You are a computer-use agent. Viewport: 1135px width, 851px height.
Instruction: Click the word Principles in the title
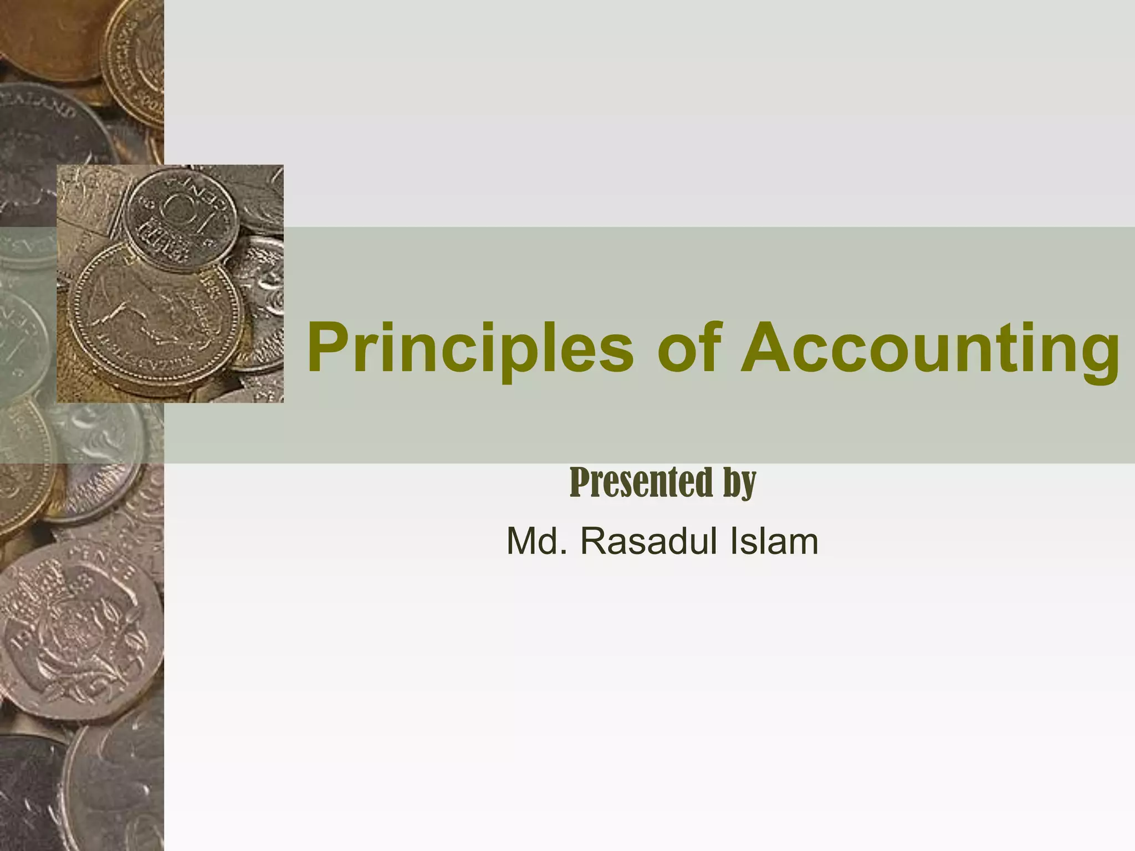(x=470, y=348)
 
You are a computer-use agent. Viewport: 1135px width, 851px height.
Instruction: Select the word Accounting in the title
(x=931, y=348)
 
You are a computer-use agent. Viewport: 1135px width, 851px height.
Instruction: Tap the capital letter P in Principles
(x=327, y=348)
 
